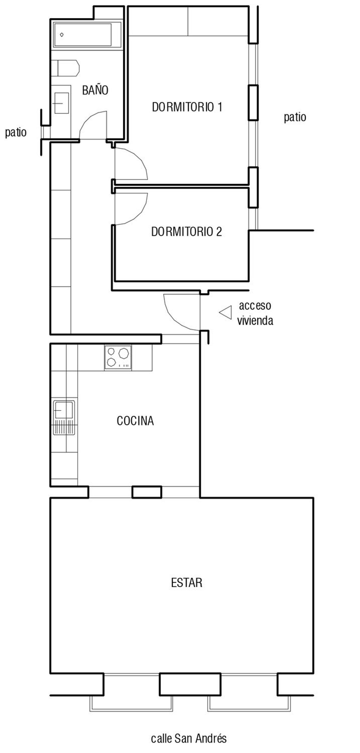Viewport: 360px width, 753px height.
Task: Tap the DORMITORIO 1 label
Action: [187, 107]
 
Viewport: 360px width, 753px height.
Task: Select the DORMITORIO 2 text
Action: [186, 232]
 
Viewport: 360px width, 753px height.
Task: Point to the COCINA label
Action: [135, 421]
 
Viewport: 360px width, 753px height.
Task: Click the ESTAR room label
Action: [186, 583]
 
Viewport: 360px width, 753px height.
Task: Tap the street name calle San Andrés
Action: [189, 738]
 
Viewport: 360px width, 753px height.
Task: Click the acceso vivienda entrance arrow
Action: [225, 312]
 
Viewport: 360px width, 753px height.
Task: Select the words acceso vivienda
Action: [255, 313]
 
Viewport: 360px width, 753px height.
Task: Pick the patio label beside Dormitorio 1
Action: [295, 117]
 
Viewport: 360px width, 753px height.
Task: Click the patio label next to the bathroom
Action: [16, 132]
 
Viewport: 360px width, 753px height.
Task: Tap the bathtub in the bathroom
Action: [87, 35]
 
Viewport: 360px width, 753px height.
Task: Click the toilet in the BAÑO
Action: [66, 68]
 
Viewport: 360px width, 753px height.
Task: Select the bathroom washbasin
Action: [61, 103]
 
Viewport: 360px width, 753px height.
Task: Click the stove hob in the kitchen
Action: [118, 357]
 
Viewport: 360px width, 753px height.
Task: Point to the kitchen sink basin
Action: [64, 410]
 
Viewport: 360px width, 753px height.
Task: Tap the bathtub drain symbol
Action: [62, 35]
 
